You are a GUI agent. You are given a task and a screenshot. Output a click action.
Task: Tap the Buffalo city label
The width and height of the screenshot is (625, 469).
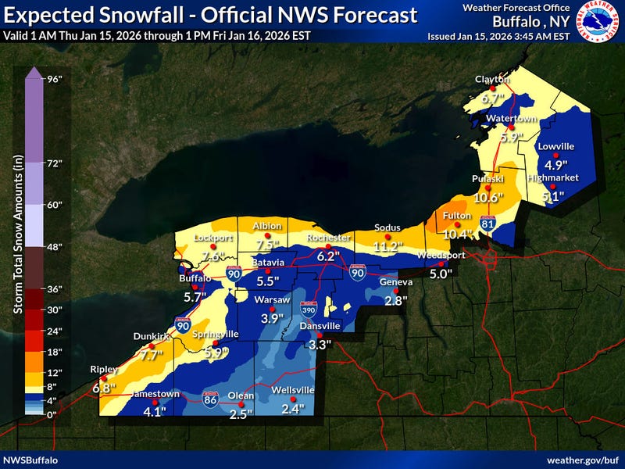click(195, 278)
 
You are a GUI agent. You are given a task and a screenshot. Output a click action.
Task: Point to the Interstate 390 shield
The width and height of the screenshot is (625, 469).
click(308, 310)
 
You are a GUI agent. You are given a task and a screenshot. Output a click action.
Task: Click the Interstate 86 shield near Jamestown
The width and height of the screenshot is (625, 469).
click(209, 397)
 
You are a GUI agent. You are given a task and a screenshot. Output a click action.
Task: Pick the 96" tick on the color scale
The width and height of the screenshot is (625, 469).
click(55, 78)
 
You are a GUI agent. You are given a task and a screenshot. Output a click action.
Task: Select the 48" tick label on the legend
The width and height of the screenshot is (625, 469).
click(55, 247)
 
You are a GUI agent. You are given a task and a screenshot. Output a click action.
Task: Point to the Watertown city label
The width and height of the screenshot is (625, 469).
click(509, 117)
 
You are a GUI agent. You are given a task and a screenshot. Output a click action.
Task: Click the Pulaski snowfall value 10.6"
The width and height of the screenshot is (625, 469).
click(489, 199)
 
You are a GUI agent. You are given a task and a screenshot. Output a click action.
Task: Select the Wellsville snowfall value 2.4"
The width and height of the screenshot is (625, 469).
click(292, 409)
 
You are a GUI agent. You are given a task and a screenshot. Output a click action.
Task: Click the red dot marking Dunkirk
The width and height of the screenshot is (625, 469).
click(151, 346)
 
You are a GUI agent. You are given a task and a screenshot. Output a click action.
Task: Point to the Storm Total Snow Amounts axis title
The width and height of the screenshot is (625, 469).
click(17, 244)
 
